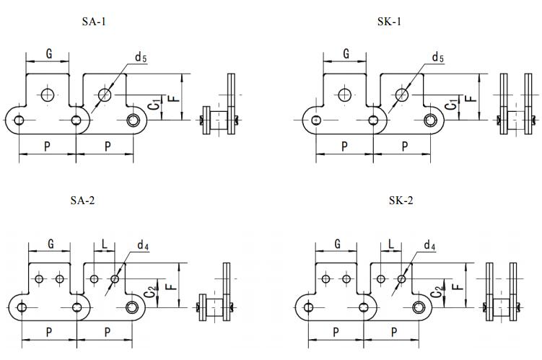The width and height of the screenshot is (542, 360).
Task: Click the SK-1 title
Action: click(x=389, y=22)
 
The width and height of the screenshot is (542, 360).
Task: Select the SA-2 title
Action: click(x=82, y=200)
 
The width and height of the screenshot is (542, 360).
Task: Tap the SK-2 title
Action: click(x=401, y=200)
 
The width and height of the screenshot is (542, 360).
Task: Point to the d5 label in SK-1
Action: click(x=437, y=58)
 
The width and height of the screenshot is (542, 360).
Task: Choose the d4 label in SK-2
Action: click(x=429, y=246)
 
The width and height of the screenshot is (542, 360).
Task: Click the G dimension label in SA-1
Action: click(x=48, y=53)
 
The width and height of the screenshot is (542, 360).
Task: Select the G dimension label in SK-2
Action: click(x=337, y=244)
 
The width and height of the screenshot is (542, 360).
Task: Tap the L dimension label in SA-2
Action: click(x=105, y=245)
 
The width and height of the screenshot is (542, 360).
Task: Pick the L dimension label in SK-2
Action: click(x=390, y=245)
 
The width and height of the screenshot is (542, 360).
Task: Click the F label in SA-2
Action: click(x=169, y=286)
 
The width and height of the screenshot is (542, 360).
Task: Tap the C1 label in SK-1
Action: click(x=452, y=105)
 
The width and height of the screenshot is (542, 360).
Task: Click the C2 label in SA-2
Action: click(x=149, y=292)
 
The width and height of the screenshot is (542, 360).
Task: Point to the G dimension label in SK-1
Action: click(x=346, y=53)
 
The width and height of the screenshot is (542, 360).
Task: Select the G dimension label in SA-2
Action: click(x=50, y=244)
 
